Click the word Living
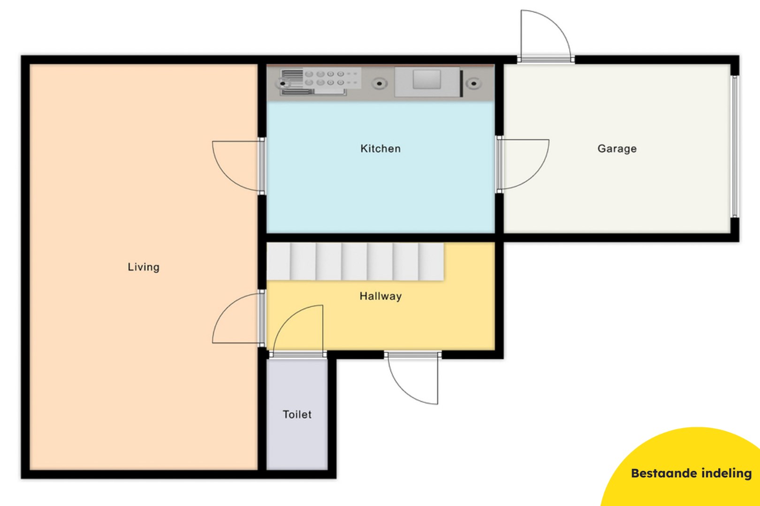pyautogui.click(x=144, y=267)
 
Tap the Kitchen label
pyautogui.click(x=380, y=149)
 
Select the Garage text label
pyautogui.click(x=617, y=149)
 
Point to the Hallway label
pyautogui.click(x=380, y=296)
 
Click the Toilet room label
pyautogui.click(x=297, y=414)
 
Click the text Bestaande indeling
pyautogui.click(x=691, y=473)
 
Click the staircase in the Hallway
pyautogui.click(x=355, y=261)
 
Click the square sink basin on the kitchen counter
pyautogui.click(x=426, y=80)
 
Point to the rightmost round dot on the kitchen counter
pyautogui.click(x=474, y=84)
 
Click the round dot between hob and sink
pyautogui.click(x=379, y=84)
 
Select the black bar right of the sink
pyautogui.click(x=462, y=83)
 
